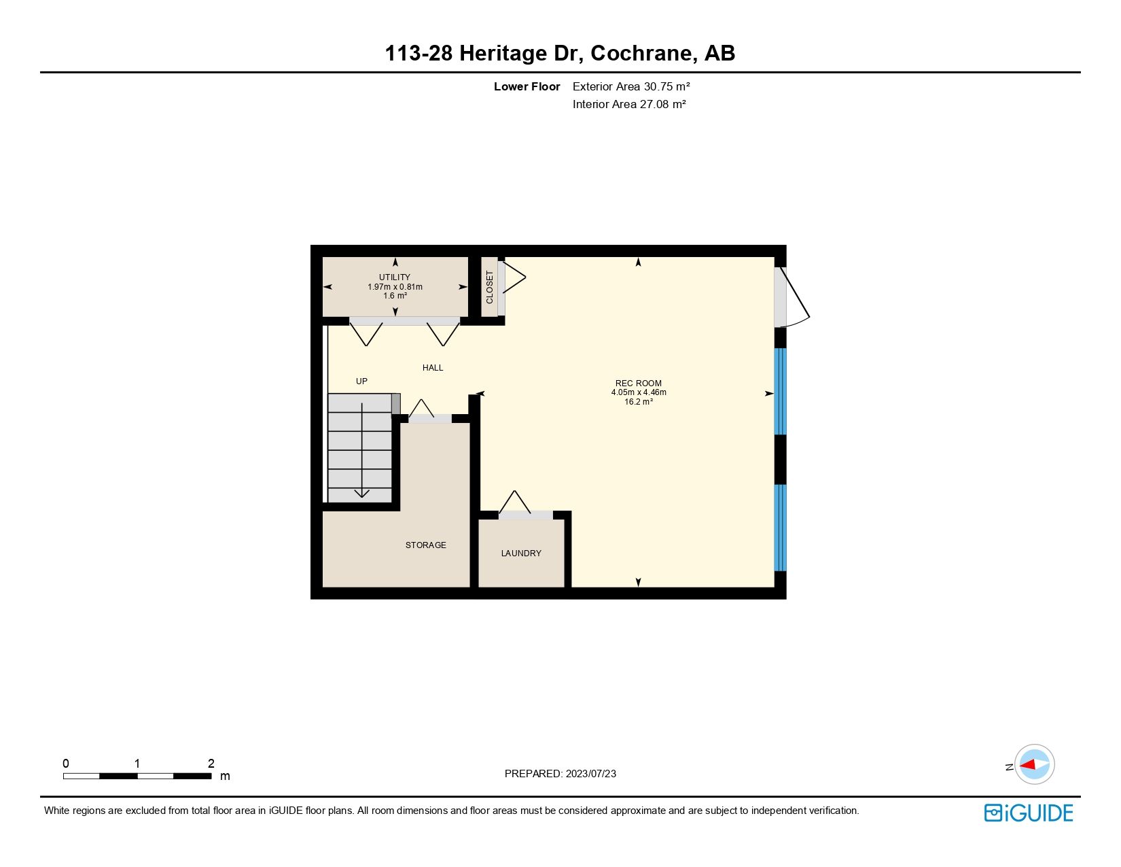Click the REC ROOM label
coord(638,383)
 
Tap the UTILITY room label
coord(395,277)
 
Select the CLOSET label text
coord(490,287)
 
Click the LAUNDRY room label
coord(521,554)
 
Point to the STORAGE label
coord(425,545)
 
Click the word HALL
coord(433,368)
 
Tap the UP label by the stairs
coord(361,381)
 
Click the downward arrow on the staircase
coord(362,492)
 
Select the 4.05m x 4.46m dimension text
coord(639,392)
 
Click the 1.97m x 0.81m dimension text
coord(395,287)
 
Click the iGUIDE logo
coord(1029,813)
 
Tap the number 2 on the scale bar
coord(211,764)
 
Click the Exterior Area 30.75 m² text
coord(631,86)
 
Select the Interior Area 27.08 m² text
coord(629,104)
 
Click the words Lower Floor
coord(527,86)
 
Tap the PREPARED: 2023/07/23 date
coord(560,774)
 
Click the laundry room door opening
coord(525,515)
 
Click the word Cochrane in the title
coord(643,53)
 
